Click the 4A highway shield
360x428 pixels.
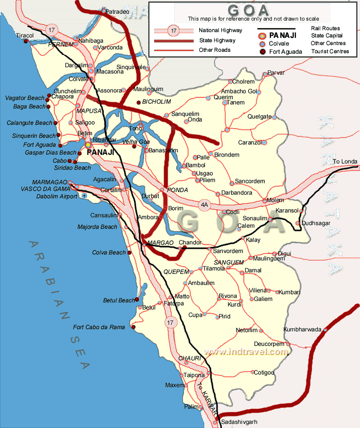tap(205, 205)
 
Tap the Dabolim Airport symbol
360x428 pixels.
tap(84, 196)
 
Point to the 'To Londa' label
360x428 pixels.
tap(345, 162)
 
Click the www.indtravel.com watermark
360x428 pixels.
tap(246, 352)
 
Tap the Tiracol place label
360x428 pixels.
tap(25, 36)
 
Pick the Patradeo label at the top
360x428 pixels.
tap(117, 11)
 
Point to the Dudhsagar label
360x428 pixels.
tap(317, 223)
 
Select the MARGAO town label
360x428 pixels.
tap(160, 243)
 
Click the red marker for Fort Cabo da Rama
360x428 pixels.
tap(133, 328)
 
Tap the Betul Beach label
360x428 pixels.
tap(119, 300)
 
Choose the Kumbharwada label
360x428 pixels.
tap(302, 330)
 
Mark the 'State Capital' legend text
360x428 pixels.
tap(326, 36)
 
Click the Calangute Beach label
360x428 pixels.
tap(29, 123)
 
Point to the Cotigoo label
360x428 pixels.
tap(264, 372)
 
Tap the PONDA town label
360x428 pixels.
tap(178, 190)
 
